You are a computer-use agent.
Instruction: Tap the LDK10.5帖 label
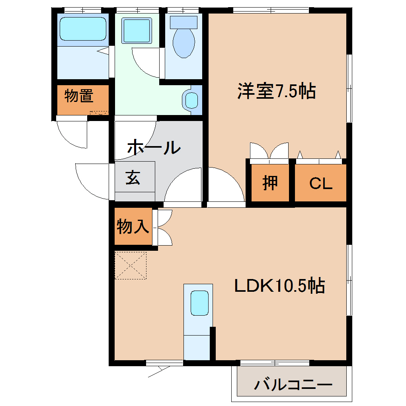tap(279, 285)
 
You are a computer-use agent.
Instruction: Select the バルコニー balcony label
tap(293, 385)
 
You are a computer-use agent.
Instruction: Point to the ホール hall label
tap(154, 148)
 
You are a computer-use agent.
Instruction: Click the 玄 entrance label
tap(133, 178)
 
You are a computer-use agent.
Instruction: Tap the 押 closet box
tap(270, 183)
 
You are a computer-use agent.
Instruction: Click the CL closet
tap(320, 183)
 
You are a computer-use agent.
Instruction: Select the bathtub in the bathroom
tap(83, 29)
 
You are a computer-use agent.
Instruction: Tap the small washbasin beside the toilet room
tap(191, 100)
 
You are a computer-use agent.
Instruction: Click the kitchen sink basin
tap(199, 303)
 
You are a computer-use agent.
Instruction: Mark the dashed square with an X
tap(131, 265)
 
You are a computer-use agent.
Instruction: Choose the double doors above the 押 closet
tap(269, 151)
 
